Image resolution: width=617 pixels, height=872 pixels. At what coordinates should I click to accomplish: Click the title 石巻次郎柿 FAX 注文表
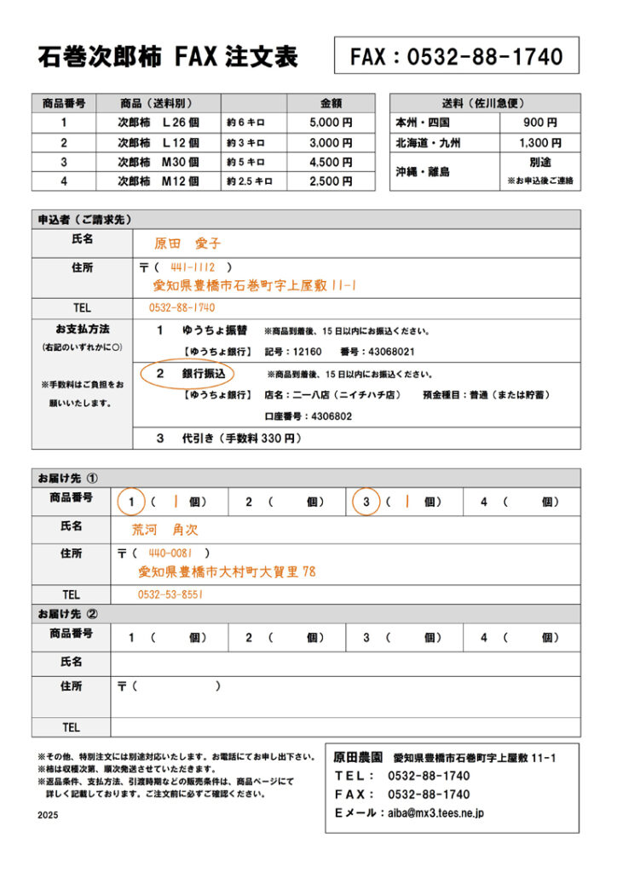click(x=168, y=58)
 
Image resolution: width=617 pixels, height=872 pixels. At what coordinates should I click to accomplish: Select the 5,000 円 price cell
click(x=331, y=123)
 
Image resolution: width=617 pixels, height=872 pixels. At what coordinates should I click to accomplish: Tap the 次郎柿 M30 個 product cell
click(x=158, y=162)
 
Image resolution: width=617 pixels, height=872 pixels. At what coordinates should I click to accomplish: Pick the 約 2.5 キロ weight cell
click(x=250, y=181)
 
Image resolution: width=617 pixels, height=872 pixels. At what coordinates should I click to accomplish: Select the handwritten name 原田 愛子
click(x=187, y=244)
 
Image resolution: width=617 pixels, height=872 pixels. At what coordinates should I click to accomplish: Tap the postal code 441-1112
click(x=193, y=267)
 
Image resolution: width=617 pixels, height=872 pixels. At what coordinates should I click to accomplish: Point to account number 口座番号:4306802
click(x=308, y=416)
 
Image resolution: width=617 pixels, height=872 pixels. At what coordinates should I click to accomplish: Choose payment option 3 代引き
click(x=241, y=439)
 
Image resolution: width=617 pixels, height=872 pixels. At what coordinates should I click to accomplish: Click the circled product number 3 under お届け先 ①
click(x=366, y=502)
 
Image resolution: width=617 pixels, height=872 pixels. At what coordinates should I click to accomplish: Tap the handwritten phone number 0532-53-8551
click(x=170, y=594)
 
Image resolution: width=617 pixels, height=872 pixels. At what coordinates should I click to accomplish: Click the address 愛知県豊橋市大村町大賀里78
click(x=227, y=571)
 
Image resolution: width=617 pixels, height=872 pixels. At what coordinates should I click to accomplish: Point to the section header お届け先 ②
click(x=68, y=614)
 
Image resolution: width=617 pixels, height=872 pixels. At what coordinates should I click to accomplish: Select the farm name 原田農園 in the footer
click(x=358, y=757)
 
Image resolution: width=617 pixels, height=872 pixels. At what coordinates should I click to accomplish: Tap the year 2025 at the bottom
click(x=49, y=815)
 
